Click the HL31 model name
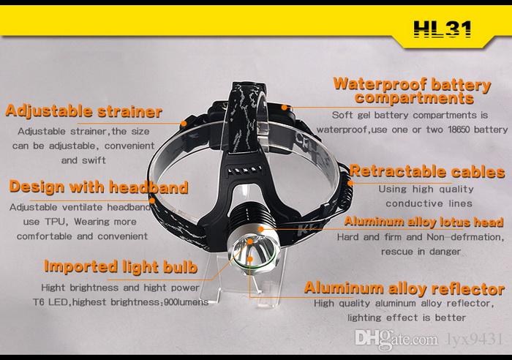[443, 29]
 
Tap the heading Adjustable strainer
[84, 111]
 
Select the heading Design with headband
[99, 187]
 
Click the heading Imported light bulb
[121, 267]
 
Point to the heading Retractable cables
[427, 171]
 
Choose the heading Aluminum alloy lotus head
[423, 222]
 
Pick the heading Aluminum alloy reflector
[404, 288]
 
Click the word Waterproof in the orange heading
[380, 84]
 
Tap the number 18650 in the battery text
[459, 130]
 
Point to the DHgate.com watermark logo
[396, 339]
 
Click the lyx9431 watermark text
[474, 339]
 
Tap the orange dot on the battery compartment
[285, 107]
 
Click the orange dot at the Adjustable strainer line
[184, 124]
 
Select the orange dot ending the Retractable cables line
[350, 183]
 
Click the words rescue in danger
[421, 252]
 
